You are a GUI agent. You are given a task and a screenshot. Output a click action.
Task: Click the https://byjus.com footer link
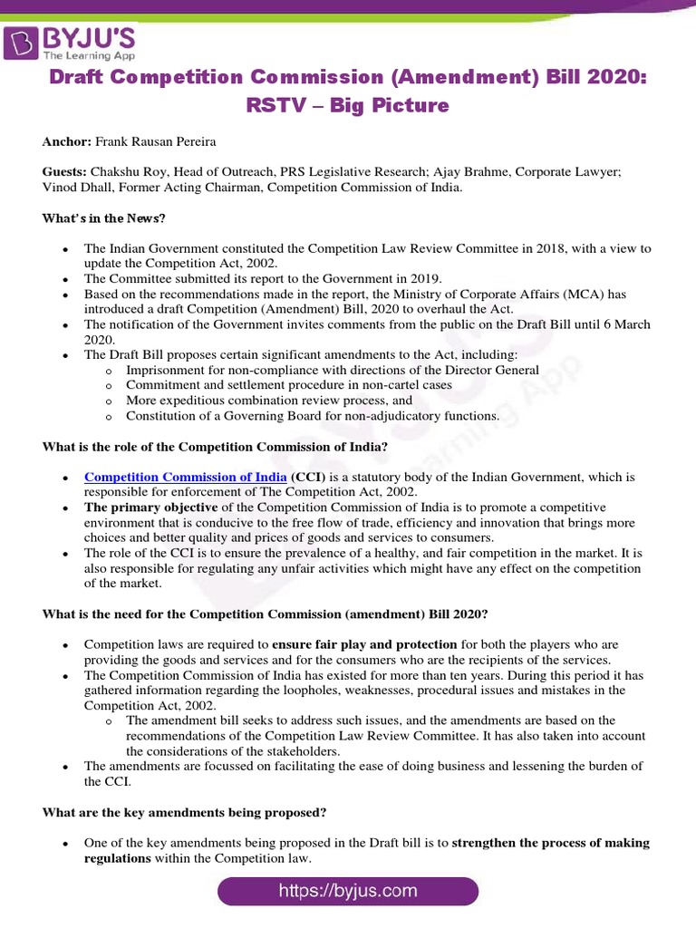pyautogui.click(x=348, y=891)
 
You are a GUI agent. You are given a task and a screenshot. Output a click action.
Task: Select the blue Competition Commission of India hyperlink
pyautogui.click(x=186, y=477)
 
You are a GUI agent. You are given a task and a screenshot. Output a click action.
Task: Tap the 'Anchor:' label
pyautogui.click(x=66, y=142)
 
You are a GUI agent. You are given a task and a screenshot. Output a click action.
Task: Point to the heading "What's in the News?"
pyautogui.click(x=104, y=218)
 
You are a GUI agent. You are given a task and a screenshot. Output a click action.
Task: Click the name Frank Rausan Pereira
pyautogui.click(x=159, y=142)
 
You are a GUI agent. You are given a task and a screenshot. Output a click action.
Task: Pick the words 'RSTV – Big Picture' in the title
pyautogui.click(x=348, y=105)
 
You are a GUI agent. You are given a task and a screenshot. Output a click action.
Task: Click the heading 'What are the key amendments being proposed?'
pyautogui.click(x=185, y=812)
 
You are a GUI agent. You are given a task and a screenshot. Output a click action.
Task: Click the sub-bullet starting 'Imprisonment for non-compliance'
pyautogui.click(x=332, y=370)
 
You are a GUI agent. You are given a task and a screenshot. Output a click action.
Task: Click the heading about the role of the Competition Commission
pyautogui.click(x=216, y=447)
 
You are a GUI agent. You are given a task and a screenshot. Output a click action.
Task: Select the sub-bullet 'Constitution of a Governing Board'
pyautogui.click(x=312, y=416)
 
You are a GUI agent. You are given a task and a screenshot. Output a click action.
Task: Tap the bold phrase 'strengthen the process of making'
pyautogui.click(x=550, y=843)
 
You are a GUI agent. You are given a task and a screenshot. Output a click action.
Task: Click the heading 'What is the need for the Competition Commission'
pyautogui.click(x=266, y=614)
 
